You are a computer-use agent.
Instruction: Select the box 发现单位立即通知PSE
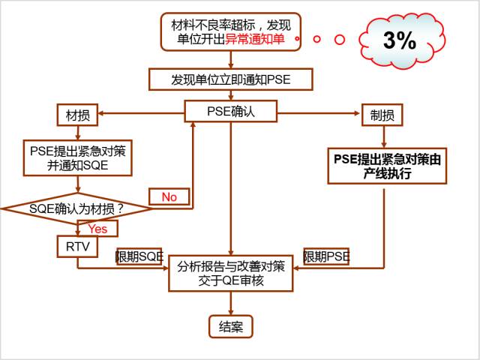pyautogui.click(x=230, y=79)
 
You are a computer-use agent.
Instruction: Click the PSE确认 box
pyautogui.click(x=230, y=112)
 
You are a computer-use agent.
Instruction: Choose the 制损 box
pyautogui.click(x=382, y=115)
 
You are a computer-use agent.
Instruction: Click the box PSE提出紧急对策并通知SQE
pyautogui.click(x=78, y=157)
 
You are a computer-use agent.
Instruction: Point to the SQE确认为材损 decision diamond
pyautogui.click(x=76, y=208)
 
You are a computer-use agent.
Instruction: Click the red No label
pyautogui.click(x=169, y=196)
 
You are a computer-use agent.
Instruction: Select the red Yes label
pyautogui.click(x=97, y=228)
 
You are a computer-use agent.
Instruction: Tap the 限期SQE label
pyautogui.click(x=139, y=256)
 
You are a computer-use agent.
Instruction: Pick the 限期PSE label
pyautogui.click(x=326, y=256)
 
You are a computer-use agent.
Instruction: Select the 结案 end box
pyautogui.click(x=230, y=326)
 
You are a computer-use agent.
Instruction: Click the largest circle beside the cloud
pyautogui.click(x=339, y=39)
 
